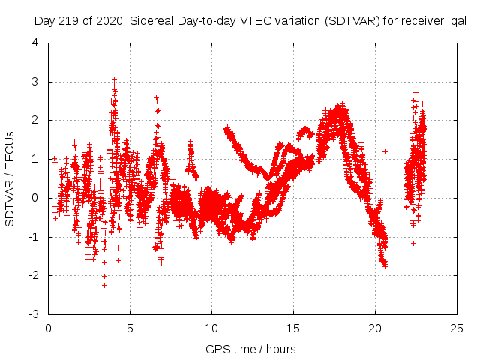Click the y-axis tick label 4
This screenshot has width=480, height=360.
(36, 43)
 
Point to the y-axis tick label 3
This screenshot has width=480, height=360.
(36, 82)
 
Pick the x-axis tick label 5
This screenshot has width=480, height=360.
(130, 328)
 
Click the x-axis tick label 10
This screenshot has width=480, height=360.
(211, 328)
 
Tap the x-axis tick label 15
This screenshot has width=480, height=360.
(293, 328)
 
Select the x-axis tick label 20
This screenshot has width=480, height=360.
(375, 328)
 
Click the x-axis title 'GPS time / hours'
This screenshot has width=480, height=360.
(252, 349)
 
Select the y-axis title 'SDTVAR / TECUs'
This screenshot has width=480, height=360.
(10, 178)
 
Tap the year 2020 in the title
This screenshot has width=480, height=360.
(105, 22)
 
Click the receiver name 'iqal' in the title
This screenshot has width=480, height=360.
(456, 22)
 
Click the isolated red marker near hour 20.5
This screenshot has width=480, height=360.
(385, 151)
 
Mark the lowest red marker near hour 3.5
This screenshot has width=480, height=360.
(104, 285)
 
